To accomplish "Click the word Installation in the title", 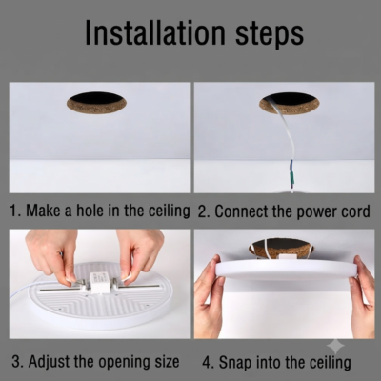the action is click(x=155, y=32).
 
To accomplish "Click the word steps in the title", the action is click(x=270, y=34).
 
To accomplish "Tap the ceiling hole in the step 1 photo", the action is click(x=96, y=102).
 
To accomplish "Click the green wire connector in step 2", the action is click(x=291, y=179).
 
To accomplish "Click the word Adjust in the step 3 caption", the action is click(x=50, y=361).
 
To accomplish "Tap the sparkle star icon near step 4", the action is click(x=335, y=347).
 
